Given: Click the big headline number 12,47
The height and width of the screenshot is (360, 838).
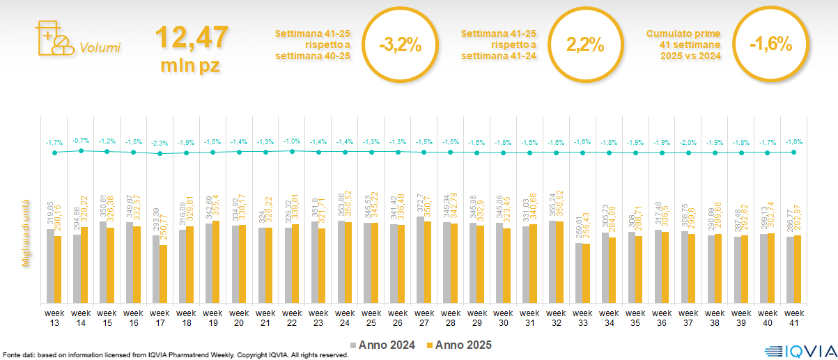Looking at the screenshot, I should pos(190,37).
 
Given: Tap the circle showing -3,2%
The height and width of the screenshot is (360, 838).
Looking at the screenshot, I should pos(400,45).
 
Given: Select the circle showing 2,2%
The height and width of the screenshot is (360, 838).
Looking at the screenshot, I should pos(584,45).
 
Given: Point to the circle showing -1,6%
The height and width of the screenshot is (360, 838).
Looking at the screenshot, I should pos(770,45).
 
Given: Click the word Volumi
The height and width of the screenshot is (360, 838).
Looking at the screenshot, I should pos(100,48).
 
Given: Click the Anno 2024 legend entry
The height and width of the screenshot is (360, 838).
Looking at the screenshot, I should pos(385,345).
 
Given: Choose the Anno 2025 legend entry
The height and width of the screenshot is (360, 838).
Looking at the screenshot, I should pos(459,345).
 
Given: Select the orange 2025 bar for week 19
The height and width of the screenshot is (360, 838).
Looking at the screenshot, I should pos(216,262).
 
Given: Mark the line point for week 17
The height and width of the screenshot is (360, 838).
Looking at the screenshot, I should pos(160,153).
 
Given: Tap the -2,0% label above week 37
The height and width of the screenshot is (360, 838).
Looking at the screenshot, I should pos(688,142).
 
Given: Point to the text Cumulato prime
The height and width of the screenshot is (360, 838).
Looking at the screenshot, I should pos(683,33).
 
